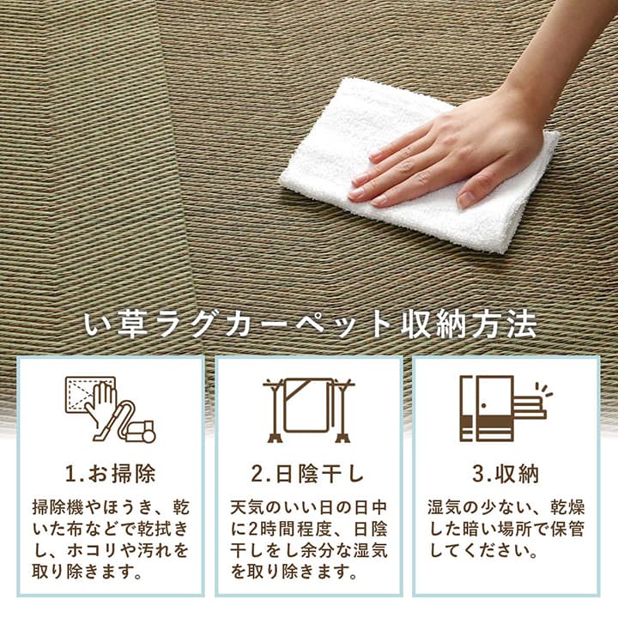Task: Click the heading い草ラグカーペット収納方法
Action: click(308, 325)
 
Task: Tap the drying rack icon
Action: click(307, 409)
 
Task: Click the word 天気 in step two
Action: click(251, 507)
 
